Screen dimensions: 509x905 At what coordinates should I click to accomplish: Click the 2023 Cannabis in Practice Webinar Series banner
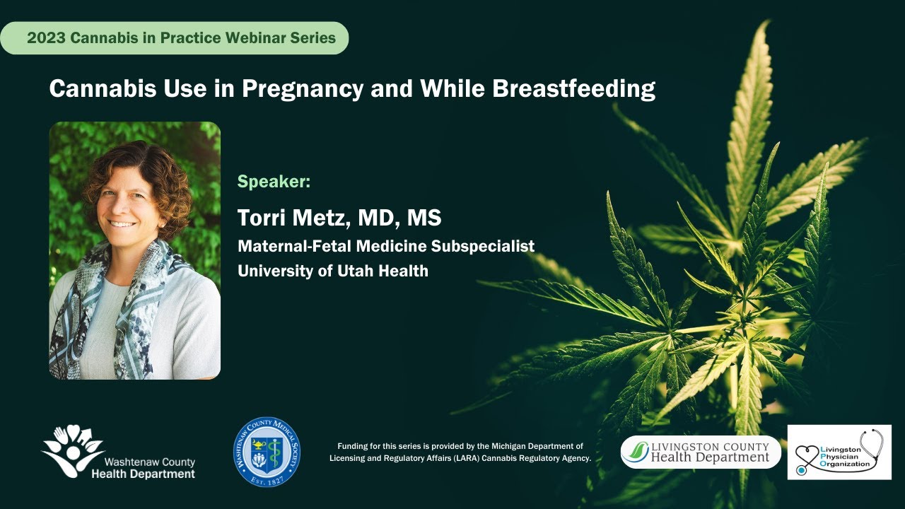pyautogui.click(x=181, y=38)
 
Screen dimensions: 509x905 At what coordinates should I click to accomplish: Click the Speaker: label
pyautogui.click(x=274, y=182)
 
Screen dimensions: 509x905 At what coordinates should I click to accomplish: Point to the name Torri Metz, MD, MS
pyautogui.click(x=339, y=218)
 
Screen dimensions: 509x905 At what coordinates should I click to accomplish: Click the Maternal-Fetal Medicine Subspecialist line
pyautogui.click(x=386, y=246)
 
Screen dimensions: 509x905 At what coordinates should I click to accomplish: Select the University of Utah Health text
pyautogui.click(x=333, y=271)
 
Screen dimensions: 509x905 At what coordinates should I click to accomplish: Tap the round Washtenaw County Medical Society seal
pyautogui.click(x=267, y=451)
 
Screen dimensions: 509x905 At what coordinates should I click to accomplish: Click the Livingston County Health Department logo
pyautogui.click(x=701, y=452)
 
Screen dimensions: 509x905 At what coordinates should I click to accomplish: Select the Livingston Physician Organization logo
pyautogui.click(x=839, y=452)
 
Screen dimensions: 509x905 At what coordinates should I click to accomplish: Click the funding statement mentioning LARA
pyautogui.click(x=460, y=452)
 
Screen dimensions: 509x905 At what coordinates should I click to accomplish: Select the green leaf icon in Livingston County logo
pyautogui.click(x=638, y=451)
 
